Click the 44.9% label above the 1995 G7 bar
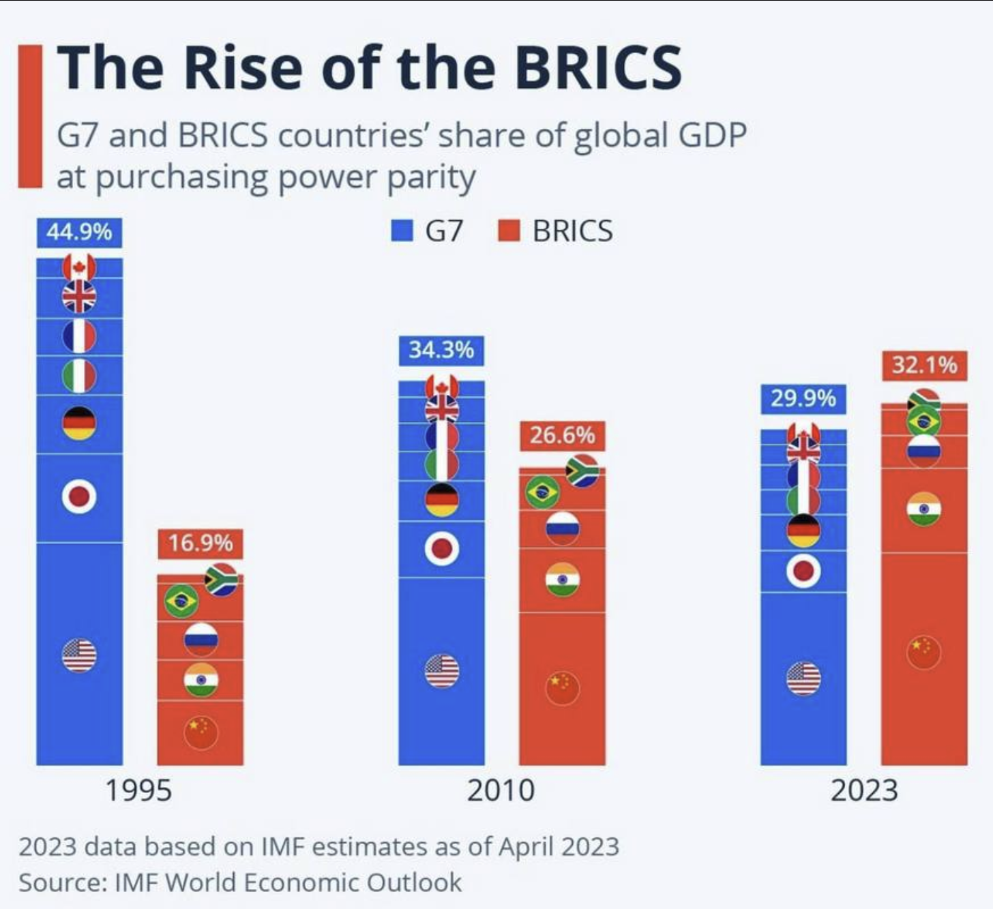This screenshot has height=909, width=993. click(79, 233)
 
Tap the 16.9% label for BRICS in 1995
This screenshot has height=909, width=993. click(201, 543)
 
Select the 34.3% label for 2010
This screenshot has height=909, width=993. click(441, 350)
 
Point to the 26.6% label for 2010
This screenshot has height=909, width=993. click(562, 435)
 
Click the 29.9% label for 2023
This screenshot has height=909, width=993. click(803, 398)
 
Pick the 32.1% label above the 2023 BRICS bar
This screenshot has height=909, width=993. click(924, 366)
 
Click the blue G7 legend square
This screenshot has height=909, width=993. click(403, 230)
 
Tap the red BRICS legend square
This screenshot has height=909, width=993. click(509, 230)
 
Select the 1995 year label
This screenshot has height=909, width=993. click(139, 790)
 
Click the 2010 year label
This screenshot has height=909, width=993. click(501, 790)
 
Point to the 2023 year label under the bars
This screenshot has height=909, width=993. click(863, 790)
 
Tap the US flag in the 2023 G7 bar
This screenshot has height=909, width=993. click(803, 678)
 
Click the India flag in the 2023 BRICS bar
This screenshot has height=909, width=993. click(924, 509)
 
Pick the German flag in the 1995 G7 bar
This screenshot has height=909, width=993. click(79, 423)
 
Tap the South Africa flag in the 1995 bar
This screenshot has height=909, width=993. click(222, 580)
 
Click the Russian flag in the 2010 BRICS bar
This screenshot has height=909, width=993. click(563, 527)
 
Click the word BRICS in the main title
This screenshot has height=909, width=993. click(597, 68)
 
